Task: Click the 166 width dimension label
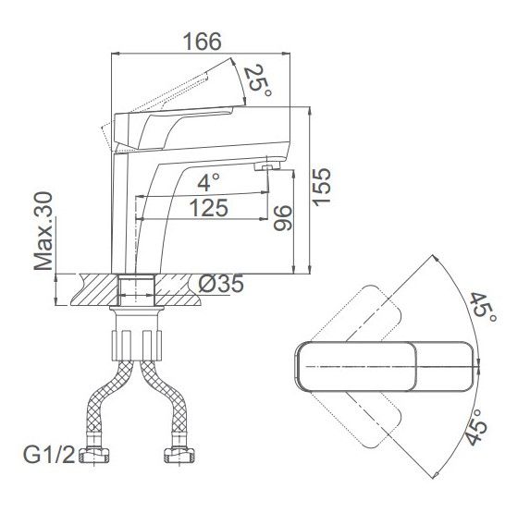pyautogui.click(x=203, y=42)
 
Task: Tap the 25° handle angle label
pyautogui.click(x=257, y=80)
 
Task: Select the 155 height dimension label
pyautogui.click(x=321, y=186)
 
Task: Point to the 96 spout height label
pyautogui.click(x=283, y=218)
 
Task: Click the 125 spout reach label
pyautogui.click(x=208, y=208)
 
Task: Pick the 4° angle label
pyautogui.click(x=208, y=182)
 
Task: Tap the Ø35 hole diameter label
pyautogui.click(x=221, y=284)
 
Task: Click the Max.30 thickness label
pyautogui.click(x=43, y=231)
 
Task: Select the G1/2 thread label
pyautogui.click(x=49, y=455)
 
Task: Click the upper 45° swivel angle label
pyautogui.click(x=484, y=309)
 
